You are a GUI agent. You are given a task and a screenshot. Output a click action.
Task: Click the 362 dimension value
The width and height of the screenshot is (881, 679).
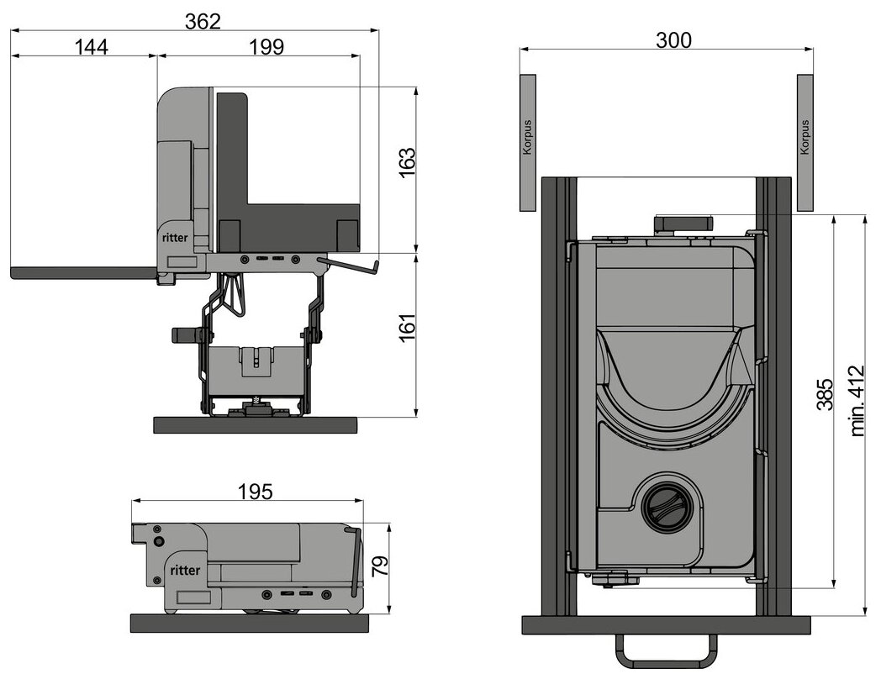pyautogui.click(x=203, y=21)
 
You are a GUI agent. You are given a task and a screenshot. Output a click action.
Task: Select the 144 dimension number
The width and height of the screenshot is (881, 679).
pyautogui.click(x=91, y=46)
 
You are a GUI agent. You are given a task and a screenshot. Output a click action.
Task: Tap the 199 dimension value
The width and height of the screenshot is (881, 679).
pyautogui.click(x=266, y=46)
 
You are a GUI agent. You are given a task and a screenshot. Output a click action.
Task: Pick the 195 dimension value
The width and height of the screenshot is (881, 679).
pyautogui.click(x=255, y=492)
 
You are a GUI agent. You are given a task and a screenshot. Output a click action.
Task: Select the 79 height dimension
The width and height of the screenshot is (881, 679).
pyautogui.click(x=380, y=568)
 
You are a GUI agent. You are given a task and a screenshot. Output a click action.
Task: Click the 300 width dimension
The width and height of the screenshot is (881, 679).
pyautogui.click(x=673, y=39)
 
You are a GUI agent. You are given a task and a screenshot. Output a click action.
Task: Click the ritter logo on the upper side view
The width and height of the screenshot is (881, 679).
pyautogui.click(x=176, y=238)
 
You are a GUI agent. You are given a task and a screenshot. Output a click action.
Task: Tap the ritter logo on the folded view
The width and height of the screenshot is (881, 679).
pyautogui.click(x=185, y=570)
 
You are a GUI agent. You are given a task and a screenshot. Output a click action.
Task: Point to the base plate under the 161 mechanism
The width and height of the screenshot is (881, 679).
pyautogui.click(x=255, y=424)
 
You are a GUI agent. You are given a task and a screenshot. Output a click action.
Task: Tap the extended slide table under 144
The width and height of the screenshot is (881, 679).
pyautogui.click(x=84, y=272)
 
